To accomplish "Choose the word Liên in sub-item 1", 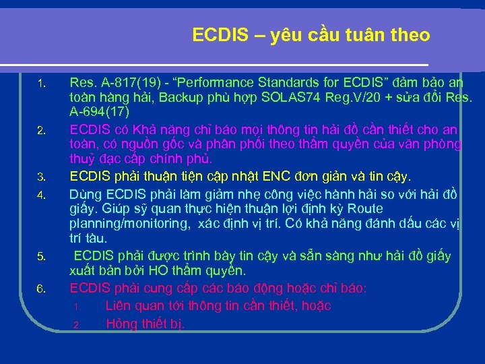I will (x=119, y=306).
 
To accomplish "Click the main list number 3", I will (x=40, y=178).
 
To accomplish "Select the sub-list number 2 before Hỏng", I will (x=76, y=326).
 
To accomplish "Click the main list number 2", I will (x=40, y=129).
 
